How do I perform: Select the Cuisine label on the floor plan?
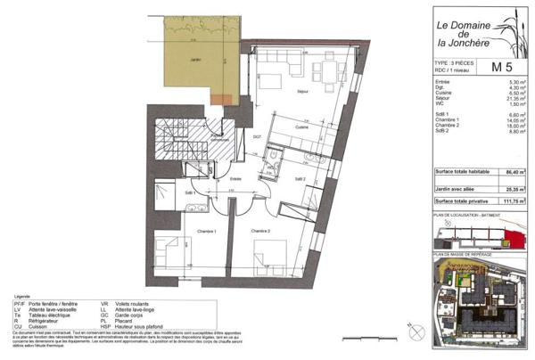[x=302, y=127]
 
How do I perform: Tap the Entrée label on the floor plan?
[x=236, y=179]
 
